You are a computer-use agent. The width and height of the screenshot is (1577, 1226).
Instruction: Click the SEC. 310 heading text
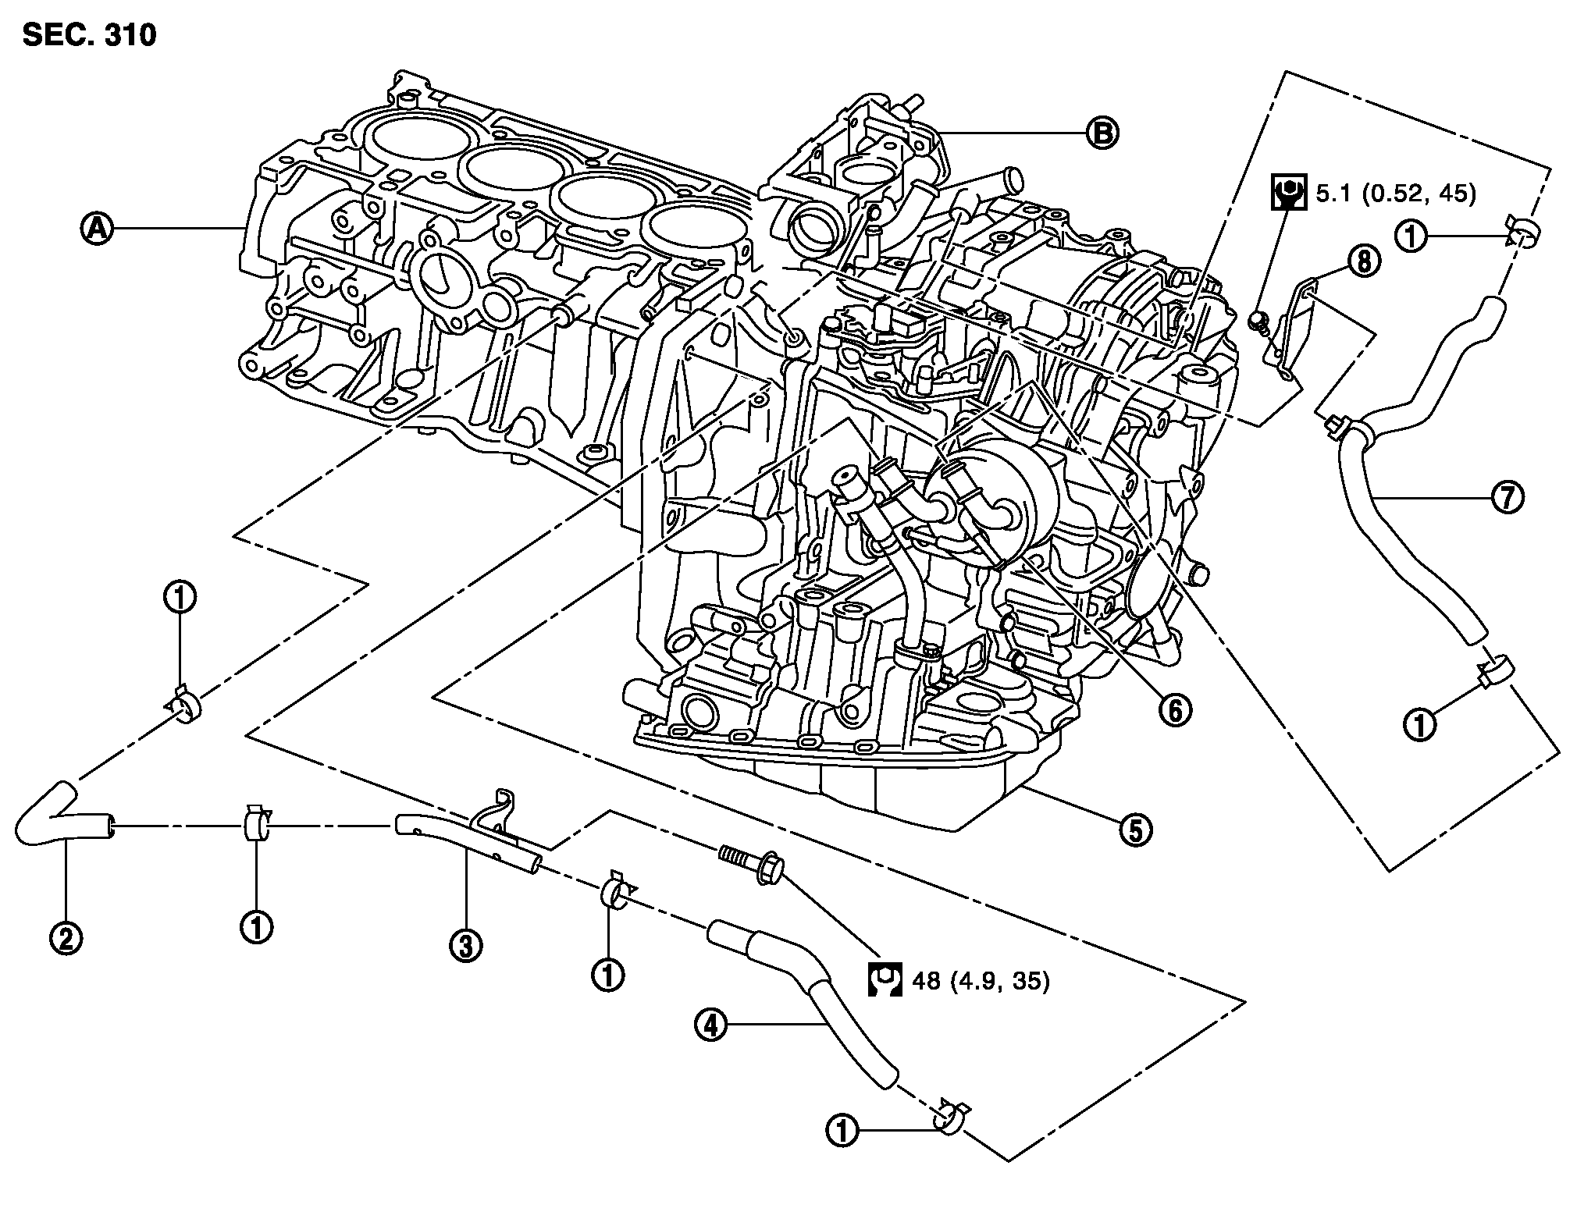(x=90, y=35)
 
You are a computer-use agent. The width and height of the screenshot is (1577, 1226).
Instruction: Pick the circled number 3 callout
(x=465, y=946)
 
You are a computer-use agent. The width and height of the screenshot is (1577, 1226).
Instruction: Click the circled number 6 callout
(x=1176, y=710)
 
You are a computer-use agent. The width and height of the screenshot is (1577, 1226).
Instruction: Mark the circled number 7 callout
(x=1508, y=497)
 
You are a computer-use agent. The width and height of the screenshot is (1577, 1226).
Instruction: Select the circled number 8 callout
(x=1363, y=261)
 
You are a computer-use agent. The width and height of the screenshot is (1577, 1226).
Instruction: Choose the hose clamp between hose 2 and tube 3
(x=255, y=823)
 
